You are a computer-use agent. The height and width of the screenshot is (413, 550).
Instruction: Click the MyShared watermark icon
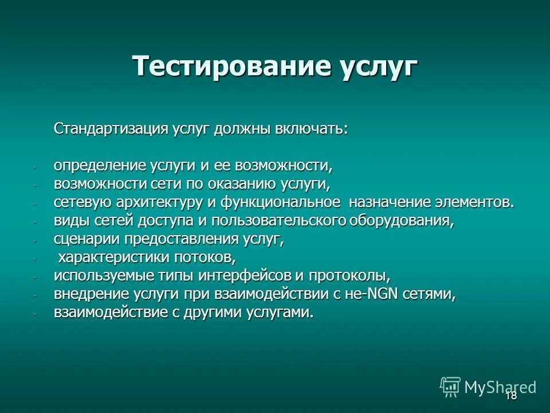[x=450, y=387]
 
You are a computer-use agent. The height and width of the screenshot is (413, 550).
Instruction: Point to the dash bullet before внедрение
[x=34, y=295]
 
